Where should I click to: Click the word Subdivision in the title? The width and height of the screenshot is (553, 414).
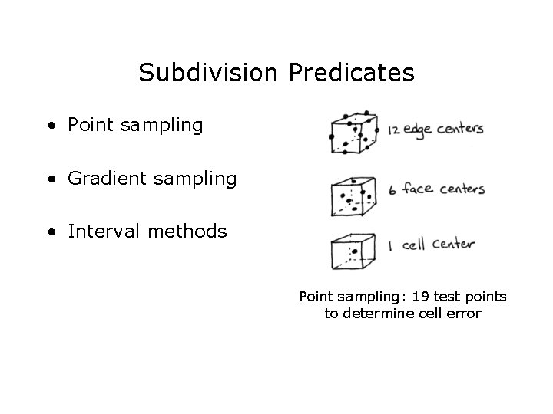click(210, 73)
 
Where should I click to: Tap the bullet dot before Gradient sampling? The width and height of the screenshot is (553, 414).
click(50, 180)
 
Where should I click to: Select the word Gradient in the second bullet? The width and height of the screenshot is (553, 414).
click(103, 179)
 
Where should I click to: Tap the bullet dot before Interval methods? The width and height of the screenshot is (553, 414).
click(50, 232)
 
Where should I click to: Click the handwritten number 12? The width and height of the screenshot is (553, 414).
click(394, 130)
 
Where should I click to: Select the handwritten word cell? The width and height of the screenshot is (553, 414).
click(413, 245)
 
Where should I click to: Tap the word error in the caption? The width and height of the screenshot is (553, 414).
click(462, 313)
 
